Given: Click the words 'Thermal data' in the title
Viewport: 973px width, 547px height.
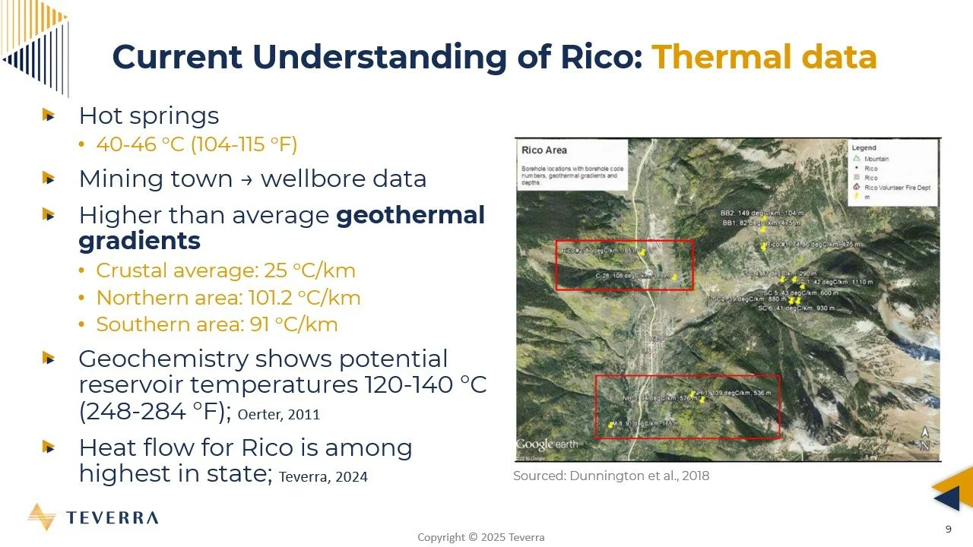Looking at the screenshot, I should click(x=764, y=57).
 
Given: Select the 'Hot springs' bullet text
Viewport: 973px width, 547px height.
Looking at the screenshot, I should click(x=149, y=115).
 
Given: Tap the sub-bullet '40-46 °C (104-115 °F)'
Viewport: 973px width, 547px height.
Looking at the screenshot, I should click(x=196, y=144).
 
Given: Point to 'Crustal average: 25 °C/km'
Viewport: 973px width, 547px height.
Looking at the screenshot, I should click(x=226, y=270).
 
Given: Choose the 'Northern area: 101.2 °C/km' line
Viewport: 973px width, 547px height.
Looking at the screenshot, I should click(x=228, y=297).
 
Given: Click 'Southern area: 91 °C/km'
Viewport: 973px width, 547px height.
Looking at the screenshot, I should click(x=217, y=324).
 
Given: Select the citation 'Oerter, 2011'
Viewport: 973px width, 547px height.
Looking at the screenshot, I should click(x=279, y=414).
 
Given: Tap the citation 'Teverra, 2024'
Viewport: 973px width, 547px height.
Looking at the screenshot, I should click(x=323, y=477).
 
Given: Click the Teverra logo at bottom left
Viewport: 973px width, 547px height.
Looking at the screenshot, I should click(x=93, y=517).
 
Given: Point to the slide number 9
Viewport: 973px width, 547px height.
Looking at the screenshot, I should click(x=948, y=528).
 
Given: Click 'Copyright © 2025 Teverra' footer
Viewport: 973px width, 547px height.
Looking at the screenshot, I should click(x=480, y=537).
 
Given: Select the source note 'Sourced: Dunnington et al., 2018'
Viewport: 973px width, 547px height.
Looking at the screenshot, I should click(x=611, y=476).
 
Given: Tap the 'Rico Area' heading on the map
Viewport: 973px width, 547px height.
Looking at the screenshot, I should click(x=544, y=150).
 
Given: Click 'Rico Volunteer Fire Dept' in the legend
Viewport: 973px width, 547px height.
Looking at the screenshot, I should click(x=897, y=187).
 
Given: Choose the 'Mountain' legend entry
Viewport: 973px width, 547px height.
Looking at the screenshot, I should click(x=876, y=159).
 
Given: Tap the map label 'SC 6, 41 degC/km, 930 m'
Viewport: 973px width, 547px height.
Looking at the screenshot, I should click(x=796, y=308).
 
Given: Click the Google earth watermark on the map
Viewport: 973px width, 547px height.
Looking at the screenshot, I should click(x=547, y=444).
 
